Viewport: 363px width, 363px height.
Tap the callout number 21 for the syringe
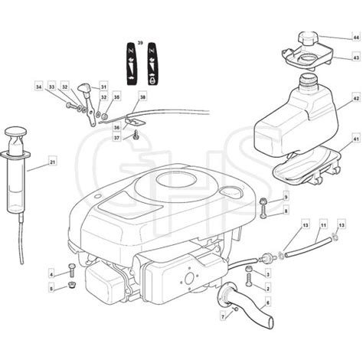(x=52, y=162)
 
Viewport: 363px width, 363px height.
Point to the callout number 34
(x=39, y=88)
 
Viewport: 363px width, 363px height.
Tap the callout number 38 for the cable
(x=142, y=97)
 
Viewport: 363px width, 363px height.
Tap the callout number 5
(x=51, y=289)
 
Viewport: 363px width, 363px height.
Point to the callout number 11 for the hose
(x=323, y=224)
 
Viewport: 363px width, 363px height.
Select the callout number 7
(x=223, y=316)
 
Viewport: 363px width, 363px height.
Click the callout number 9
(x=286, y=196)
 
